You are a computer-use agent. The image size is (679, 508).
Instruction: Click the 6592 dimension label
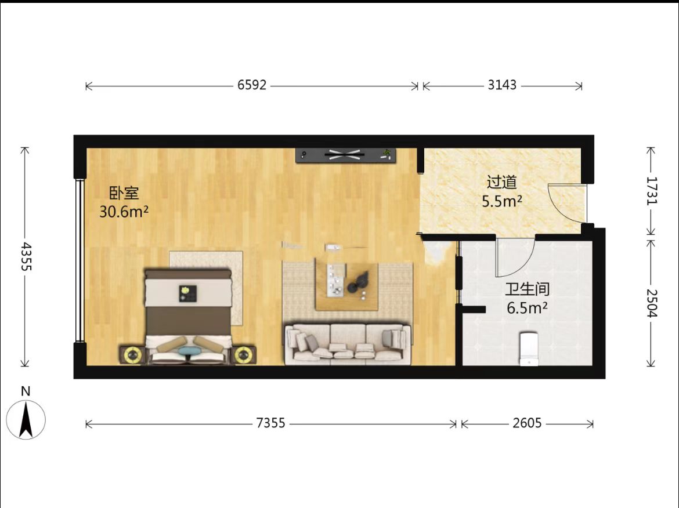[252, 85]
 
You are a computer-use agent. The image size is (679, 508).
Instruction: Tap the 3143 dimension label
[502, 85]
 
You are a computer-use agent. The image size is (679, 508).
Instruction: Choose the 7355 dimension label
[270, 423]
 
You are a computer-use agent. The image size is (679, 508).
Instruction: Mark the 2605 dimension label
[527, 423]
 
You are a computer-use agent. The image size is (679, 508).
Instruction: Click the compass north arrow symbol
[26, 419]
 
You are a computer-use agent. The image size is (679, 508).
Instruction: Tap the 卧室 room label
[124, 193]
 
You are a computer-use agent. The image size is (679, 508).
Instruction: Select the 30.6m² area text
[124, 212]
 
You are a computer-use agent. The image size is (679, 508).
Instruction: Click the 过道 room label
[502, 182]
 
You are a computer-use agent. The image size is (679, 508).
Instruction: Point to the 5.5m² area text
[502, 201]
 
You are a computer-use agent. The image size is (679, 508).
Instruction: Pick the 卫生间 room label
[527, 289]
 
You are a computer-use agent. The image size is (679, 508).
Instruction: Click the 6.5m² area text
[527, 308]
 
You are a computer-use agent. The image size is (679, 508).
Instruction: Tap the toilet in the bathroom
[529, 349]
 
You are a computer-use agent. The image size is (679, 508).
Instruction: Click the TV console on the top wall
[345, 155]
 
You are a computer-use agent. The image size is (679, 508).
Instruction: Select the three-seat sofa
[348, 344]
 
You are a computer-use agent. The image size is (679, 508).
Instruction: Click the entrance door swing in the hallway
[565, 204]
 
